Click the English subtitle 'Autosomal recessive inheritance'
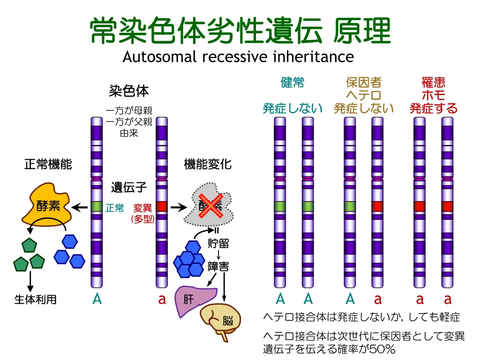[238, 57]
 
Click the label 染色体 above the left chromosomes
[129, 90]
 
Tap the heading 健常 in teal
[292, 83]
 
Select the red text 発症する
[433, 109]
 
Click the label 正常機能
[48, 165]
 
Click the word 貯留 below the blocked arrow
[218, 244]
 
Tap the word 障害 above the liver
[218, 267]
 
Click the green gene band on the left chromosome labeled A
[97, 206]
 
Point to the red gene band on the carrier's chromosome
[377, 206]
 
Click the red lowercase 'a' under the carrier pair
[378, 299]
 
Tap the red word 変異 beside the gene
[142, 208]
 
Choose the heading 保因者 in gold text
[364, 83]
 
